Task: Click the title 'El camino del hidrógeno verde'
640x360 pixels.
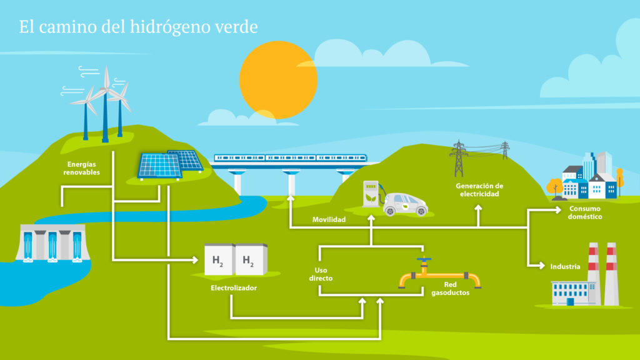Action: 138,27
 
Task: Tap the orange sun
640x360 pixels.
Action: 278,79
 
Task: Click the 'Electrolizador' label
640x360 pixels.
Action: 234,288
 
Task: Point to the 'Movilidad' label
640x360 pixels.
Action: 329,220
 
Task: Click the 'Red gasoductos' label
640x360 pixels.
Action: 450,288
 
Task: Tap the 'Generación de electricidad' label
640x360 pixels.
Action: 479,190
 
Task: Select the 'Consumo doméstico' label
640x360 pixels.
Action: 585,212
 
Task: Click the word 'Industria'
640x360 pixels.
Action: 565,266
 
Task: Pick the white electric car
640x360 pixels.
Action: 406,204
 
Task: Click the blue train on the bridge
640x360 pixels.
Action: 291,158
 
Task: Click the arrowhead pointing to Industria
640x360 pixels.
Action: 542,266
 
